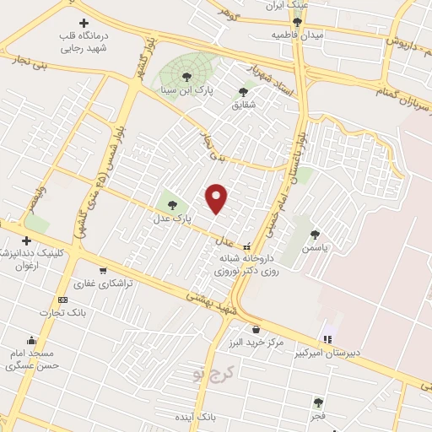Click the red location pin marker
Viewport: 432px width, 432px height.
click(x=217, y=197)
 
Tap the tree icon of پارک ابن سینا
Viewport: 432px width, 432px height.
click(x=186, y=77)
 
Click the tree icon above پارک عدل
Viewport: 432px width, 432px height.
click(x=172, y=205)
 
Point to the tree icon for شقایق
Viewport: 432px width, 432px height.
click(x=243, y=92)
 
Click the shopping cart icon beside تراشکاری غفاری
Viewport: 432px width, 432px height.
click(x=103, y=271)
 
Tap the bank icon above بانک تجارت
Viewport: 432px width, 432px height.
click(x=62, y=300)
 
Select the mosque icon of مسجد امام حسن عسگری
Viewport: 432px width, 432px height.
click(x=32, y=338)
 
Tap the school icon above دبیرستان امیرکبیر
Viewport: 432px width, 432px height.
click(x=327, y=339)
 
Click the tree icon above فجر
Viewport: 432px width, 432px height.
click(x=317, y=402)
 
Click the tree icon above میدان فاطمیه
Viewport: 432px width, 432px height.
click(x=297, y=22)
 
